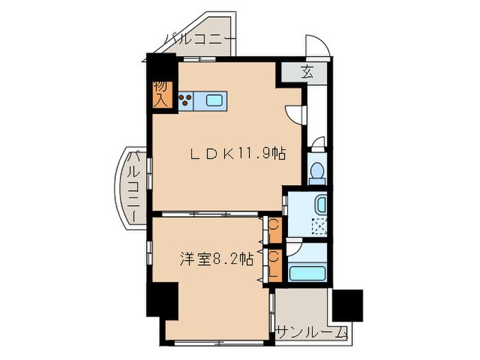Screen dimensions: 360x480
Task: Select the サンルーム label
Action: click(313, 333)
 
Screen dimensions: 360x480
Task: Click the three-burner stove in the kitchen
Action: click(186, 101)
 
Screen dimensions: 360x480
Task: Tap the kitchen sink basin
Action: click(215, 101)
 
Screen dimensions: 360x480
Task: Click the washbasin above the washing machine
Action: click(320, 204)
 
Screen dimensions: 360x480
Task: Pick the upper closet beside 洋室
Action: click(274, 230)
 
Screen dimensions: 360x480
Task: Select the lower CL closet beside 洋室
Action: click(274, 264)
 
